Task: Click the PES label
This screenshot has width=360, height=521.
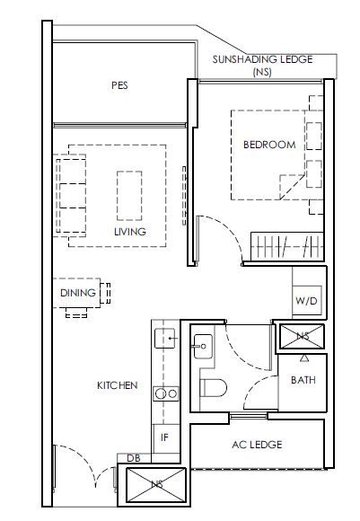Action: click(x=119, y=85)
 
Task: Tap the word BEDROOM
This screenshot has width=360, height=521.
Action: click(x=269, y=145)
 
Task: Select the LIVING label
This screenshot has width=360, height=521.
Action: click(x=130, y=232)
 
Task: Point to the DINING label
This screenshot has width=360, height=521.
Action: click(x=78, y=293)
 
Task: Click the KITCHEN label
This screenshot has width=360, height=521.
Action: click(x=118, y=385)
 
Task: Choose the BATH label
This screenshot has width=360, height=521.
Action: click(x=303, y=380)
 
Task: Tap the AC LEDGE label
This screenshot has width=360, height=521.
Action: click(x=257, y=445)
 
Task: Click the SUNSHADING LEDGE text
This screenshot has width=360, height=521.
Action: click(x=262, y=59)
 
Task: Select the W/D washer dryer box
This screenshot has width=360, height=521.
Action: click(x=307, y=300)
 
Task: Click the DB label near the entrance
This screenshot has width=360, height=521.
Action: click(x=134, y=458)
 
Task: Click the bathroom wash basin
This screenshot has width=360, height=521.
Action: click(x=203, y=346)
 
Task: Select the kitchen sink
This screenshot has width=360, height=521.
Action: click(x=165, y=338)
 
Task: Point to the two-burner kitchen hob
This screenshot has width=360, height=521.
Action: click(x=166, y=393)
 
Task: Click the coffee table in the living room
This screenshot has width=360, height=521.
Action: click(x=129, y=196)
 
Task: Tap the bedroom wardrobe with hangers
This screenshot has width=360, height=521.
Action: click(x=287, y=246)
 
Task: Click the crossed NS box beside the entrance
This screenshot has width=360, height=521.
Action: click(x=156, y=485)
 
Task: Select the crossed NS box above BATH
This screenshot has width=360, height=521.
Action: click(x=302, y=336)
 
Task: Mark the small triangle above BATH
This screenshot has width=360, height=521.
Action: click(x=304, y=358)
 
